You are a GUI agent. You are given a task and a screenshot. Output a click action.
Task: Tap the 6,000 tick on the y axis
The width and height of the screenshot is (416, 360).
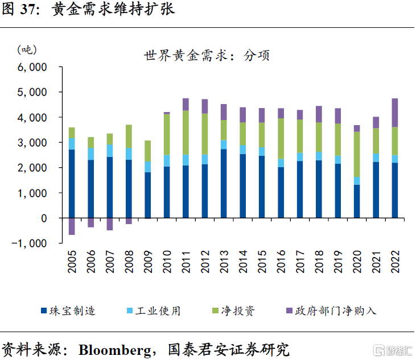click(32, 67)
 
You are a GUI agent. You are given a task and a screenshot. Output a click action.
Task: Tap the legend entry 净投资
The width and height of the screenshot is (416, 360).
click(235, 311)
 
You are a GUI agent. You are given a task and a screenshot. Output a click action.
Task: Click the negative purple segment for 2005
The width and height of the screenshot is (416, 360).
click(72, 226)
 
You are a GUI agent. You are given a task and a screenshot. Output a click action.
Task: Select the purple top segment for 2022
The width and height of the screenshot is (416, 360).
click(395, 113)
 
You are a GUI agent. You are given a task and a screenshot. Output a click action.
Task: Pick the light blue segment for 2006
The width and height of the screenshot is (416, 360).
click(90, 154)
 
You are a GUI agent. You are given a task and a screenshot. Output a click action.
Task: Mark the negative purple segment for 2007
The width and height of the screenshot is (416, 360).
click(110, 224)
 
